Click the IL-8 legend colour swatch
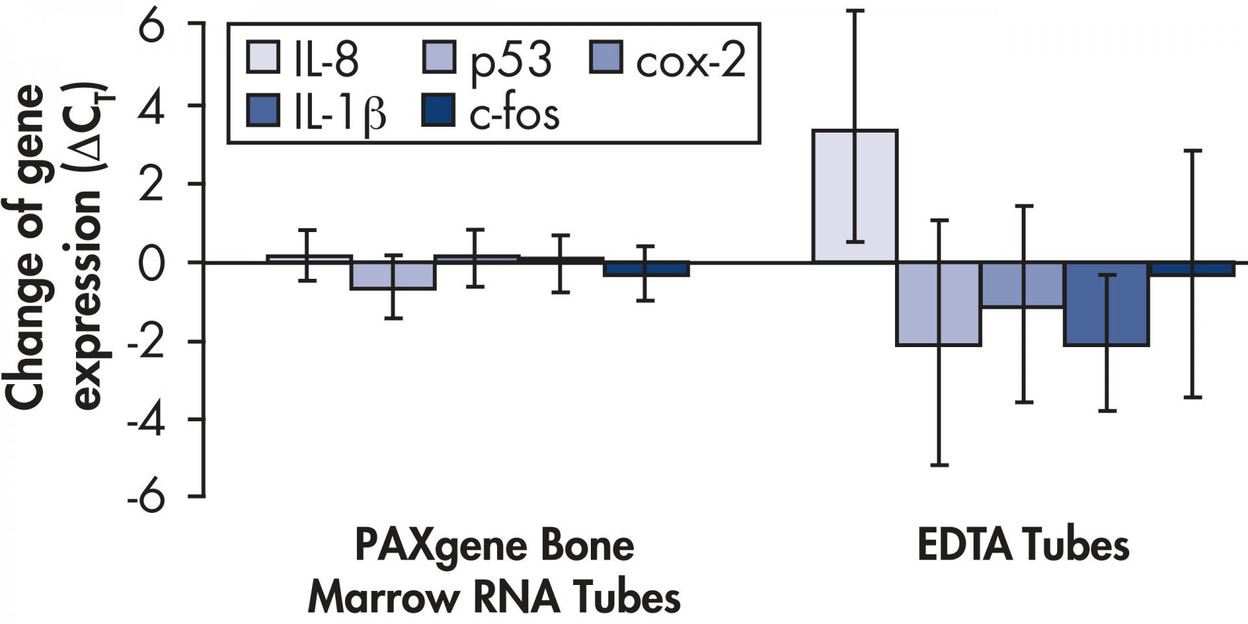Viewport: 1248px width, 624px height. pyautogui.click(x=264, y=57)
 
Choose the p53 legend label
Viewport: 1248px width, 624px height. pyautogui.click(x=511, y=60)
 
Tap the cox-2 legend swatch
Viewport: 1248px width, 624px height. pyautogui.click(x=606, y=57)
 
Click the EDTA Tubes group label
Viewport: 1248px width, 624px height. pyautogui.click(x=1023, y=547)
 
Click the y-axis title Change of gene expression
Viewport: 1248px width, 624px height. pyautogui.click(x=55, y=247)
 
